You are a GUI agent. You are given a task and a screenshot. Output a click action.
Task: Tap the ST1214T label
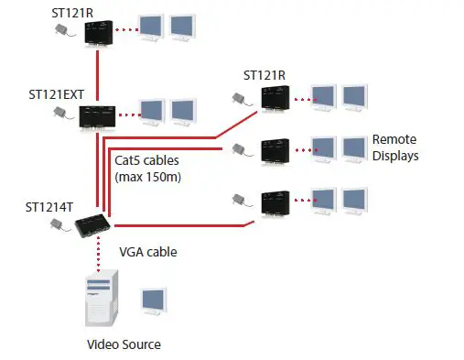[x=49, y=208]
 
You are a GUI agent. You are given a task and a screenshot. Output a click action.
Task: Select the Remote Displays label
[x=394, y=147]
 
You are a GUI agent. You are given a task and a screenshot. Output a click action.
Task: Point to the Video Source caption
[x=124, y=344]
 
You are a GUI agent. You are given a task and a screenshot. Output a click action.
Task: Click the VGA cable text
[x=148, y=250]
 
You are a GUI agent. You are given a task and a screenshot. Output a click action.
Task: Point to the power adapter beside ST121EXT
[x=62, y=113]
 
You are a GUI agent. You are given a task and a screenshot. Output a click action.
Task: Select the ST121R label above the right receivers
[x=264, y=73]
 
